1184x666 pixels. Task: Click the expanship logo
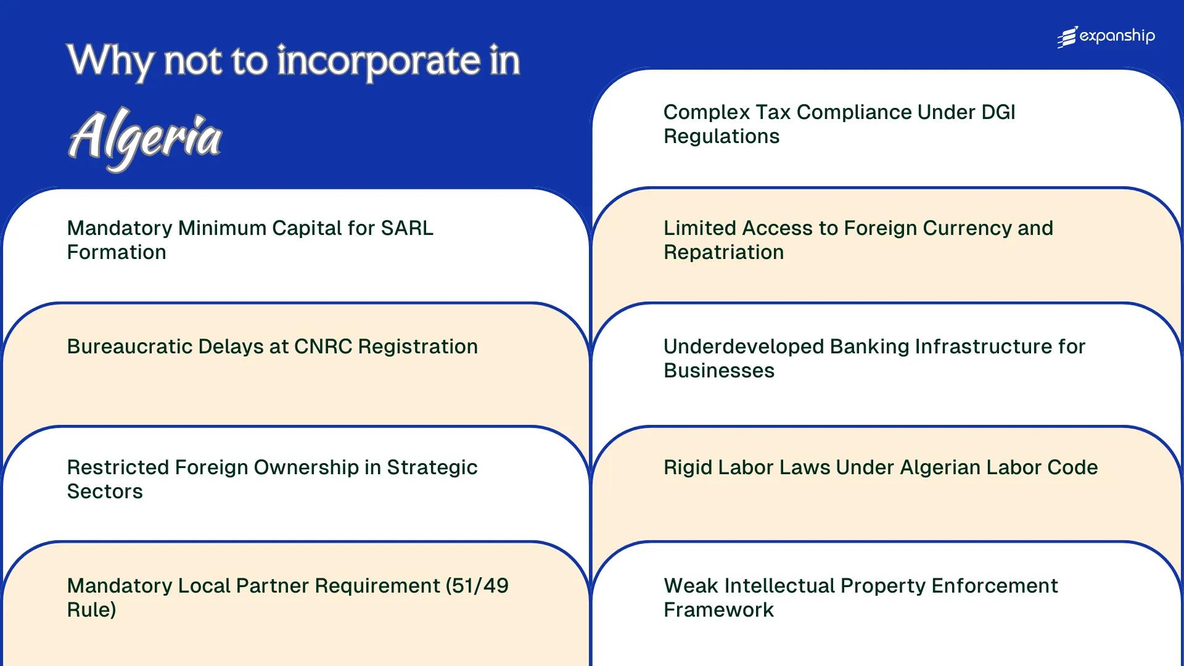[x=1106, y=37]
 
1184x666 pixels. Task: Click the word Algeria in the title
[x=145, y=137]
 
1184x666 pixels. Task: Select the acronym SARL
[x=407, y=228]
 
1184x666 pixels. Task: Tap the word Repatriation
[x=723, y=252]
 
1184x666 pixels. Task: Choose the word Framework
[x=718, y=610]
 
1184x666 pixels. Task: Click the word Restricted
[x=118, y=467]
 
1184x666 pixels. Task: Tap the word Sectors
[x=105, y=491]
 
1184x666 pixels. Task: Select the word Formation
[x=117, y=252]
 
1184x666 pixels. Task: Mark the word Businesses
[x=719, y=371]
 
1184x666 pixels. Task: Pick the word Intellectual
[x=779, y=586]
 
